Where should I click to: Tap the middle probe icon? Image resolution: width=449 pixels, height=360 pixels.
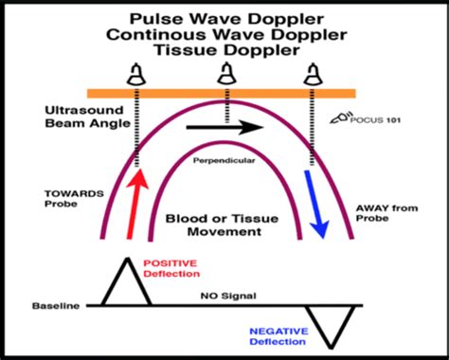(227, 73)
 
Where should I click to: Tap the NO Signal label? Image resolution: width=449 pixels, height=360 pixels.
(224, 296)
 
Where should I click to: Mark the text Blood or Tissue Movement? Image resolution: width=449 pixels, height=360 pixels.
(224, 223)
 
